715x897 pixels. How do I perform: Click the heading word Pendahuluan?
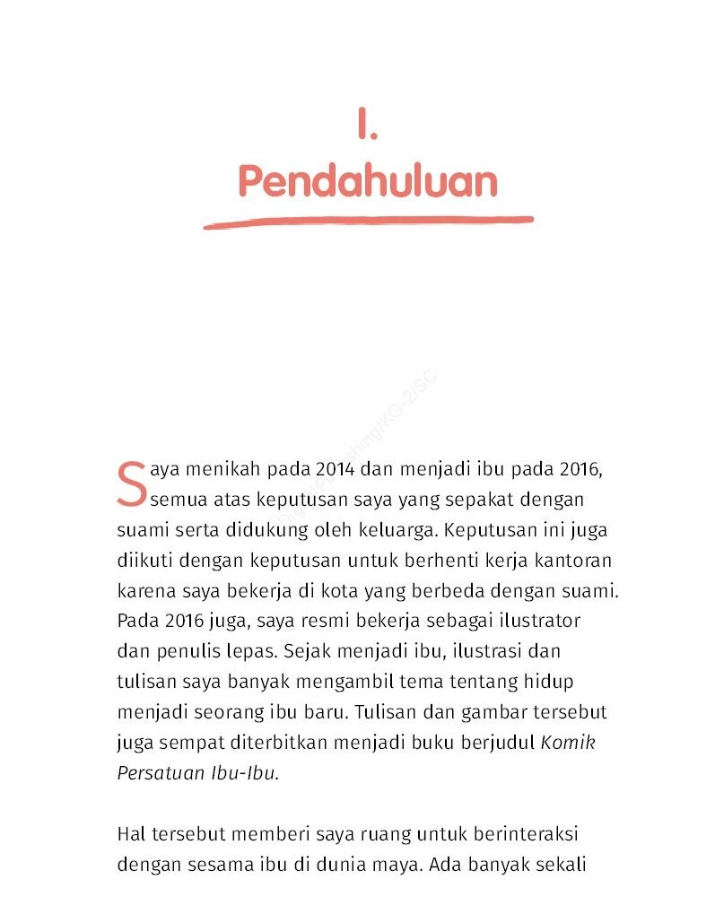(368, 181)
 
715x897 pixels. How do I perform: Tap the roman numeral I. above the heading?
(367, 126)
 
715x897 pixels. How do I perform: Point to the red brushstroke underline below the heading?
(368, 221)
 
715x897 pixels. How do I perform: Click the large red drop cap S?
(131, 483)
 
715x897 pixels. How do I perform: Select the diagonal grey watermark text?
(377, 422)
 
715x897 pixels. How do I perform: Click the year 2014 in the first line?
(334, 468)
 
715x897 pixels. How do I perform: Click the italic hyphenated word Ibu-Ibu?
(244, 772)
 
